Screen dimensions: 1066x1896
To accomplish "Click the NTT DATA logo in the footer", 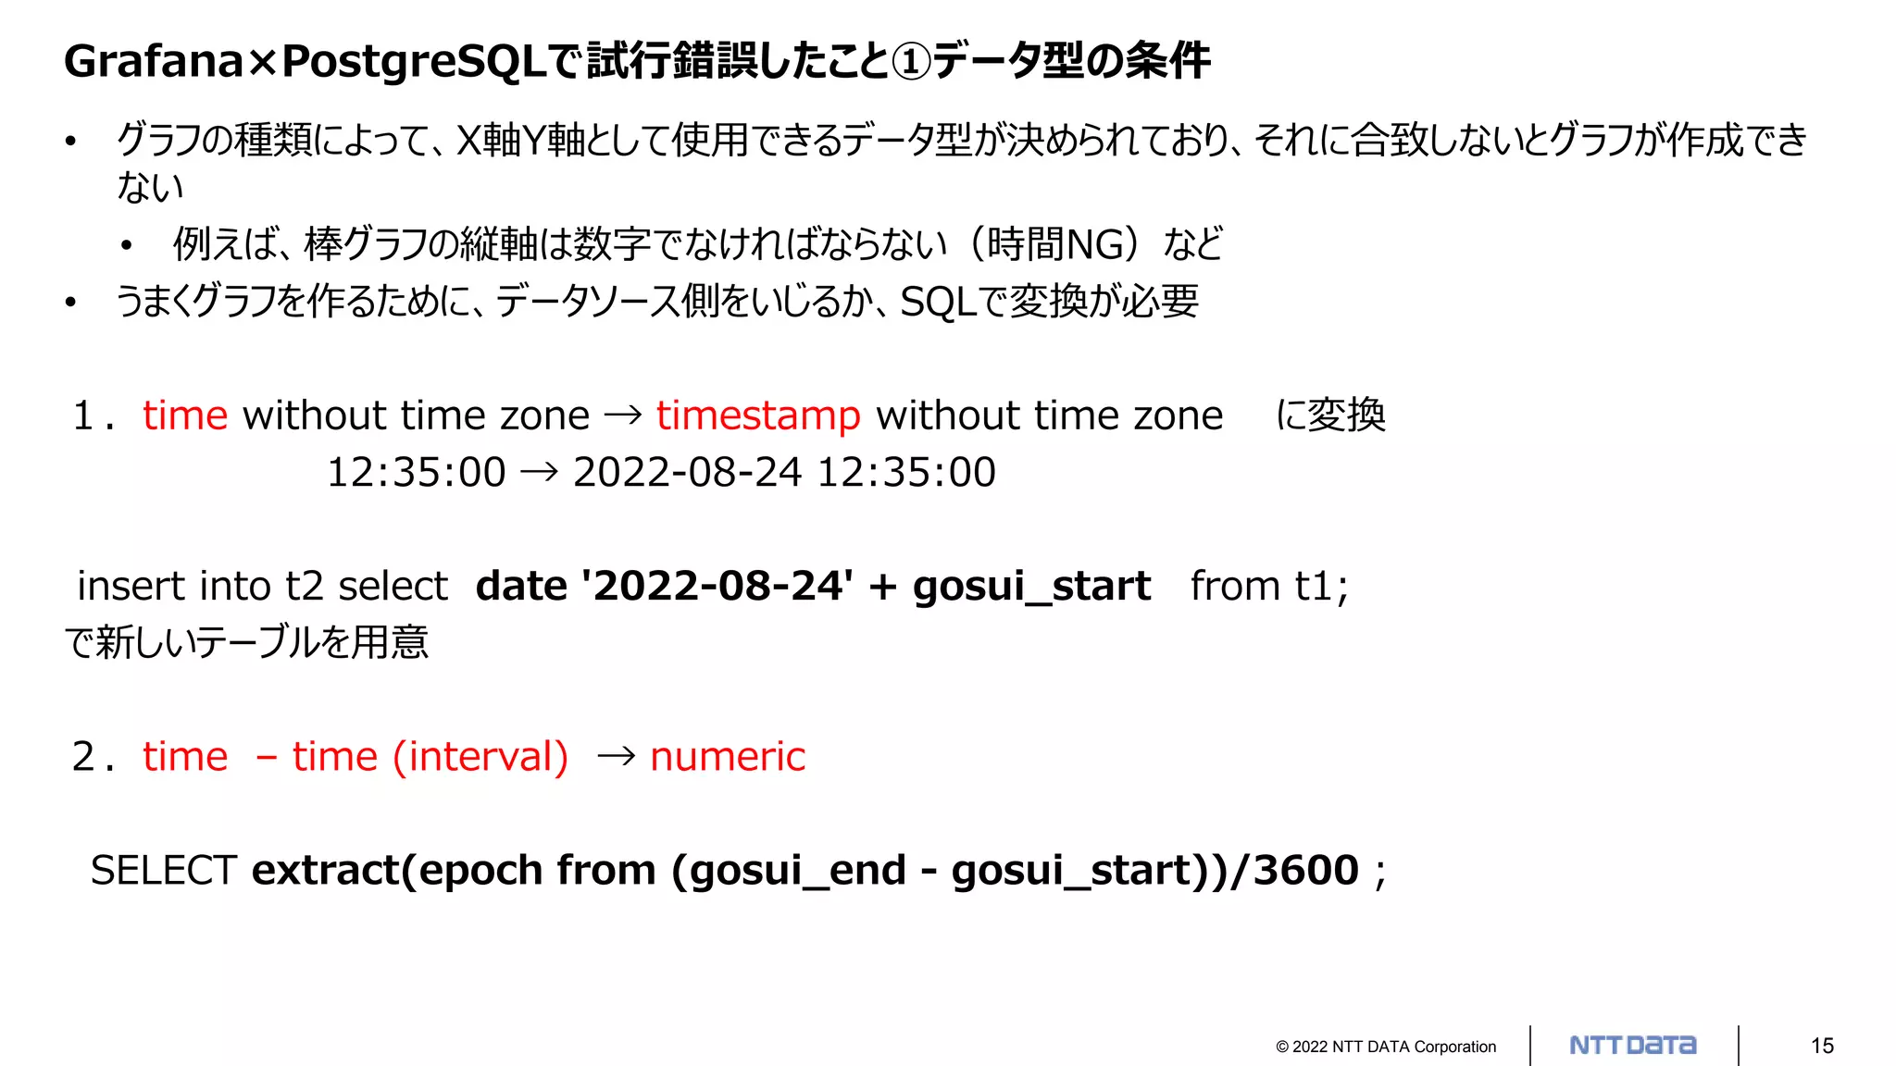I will coord(1633,1046).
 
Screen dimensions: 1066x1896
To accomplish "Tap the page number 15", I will coord(1822,1046).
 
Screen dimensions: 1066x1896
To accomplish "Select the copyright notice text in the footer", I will coord(1385,1047).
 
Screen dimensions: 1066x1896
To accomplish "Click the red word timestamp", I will coord(758,415).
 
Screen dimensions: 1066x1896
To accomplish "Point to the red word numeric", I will coord(728,757).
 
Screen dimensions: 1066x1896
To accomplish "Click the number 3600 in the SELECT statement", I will coord(1305,870).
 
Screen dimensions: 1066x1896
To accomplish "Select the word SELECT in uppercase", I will coord(164,870).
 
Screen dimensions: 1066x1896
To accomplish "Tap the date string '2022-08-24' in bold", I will coord(717,586).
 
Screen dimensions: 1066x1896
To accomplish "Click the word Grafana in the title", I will coord(154,61).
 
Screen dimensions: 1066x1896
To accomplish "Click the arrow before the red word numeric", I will coord(617,757).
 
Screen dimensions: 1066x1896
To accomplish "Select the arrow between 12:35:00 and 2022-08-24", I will coord(539,472).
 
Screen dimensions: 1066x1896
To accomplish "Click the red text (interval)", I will coord(480,757).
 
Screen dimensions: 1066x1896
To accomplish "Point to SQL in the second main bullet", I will coord(938,302).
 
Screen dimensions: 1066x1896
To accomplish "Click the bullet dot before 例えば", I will coord(127,246).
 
